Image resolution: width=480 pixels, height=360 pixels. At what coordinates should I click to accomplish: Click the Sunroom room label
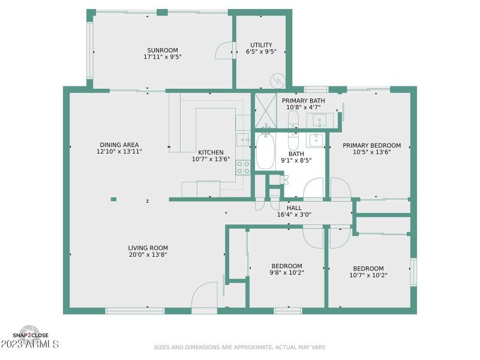[163, 50]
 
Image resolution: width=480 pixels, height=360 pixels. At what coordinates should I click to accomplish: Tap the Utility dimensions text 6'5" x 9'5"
[261, 52]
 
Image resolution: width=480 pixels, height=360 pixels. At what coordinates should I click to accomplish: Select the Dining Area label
[119, 145]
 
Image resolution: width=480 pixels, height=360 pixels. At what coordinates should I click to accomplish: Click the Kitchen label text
[211, 152]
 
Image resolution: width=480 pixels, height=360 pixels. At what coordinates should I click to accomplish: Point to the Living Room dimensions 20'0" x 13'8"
[148, 255]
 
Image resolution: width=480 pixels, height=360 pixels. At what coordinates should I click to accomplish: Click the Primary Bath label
[303, 100]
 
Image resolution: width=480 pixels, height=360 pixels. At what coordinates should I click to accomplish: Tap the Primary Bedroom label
[371, 145]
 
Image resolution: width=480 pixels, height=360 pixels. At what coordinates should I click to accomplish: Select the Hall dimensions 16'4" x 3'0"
[294, 215]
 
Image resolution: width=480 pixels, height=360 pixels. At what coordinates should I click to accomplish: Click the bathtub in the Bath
[265, 152]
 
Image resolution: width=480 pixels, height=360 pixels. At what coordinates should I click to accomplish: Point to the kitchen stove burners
[243, 167]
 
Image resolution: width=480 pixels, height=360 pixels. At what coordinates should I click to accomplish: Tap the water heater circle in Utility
[278, 80]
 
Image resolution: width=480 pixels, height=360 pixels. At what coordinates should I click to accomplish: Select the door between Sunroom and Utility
[224, 52]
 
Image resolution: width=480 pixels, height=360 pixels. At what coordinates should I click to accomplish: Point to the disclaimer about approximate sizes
[240, 347]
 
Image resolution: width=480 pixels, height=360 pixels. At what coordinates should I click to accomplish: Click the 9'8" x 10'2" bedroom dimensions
[287, 273]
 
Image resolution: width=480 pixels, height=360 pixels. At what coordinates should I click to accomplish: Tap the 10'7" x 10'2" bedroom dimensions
[368, 275]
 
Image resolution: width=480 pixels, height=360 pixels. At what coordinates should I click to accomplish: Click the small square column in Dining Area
[113, 199]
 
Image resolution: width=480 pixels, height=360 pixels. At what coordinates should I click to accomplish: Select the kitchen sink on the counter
[243, 140]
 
